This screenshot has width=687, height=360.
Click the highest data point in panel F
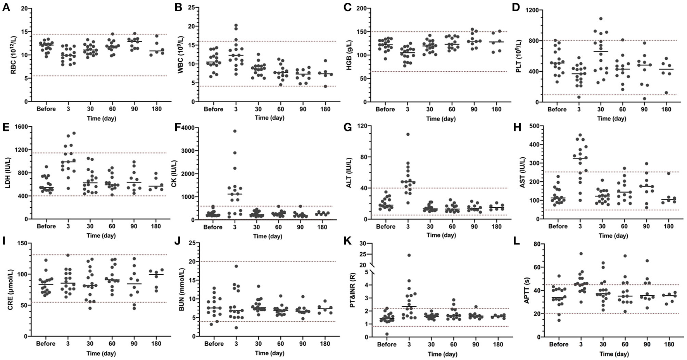click(x=235, y=131)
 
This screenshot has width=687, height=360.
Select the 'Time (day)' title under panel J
click(x=269, y=353)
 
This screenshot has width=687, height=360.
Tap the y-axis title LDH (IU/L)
click(x=7, y=173)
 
